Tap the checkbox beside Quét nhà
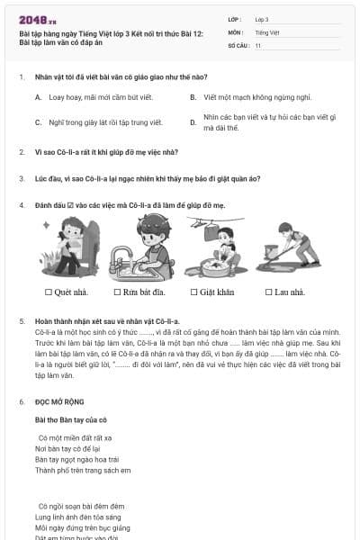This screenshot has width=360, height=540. tap(49, 292)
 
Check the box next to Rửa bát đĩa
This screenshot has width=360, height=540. tap(117, 292)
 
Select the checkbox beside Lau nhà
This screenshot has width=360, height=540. tap(268, 292)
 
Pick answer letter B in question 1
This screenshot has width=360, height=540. tap(193, 96)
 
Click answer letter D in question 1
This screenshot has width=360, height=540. tap(193, 121)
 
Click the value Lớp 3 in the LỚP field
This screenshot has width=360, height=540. tap(262, 19)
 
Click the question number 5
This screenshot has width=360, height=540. tap(21, 321)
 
